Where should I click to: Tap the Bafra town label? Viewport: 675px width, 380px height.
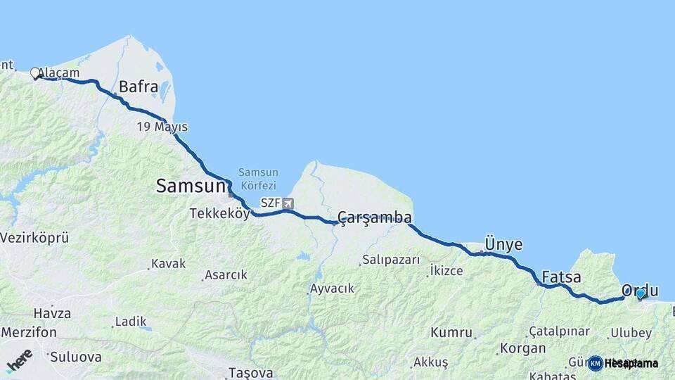tap(138, 87)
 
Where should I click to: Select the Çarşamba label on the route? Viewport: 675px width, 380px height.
tap(374, 217)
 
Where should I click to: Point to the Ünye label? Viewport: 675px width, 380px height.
tap(503, 244)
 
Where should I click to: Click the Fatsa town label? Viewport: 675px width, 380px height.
tap(561, 277)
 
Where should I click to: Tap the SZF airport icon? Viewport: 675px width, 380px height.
tap(288, 203)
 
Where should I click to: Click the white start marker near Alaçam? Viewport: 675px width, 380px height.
tap(35, 72)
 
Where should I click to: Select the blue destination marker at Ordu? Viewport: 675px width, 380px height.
tap(641, 293)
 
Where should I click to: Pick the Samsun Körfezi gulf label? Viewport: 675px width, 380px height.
tap(258, 178)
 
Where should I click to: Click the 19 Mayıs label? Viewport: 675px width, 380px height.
tap(162, 127)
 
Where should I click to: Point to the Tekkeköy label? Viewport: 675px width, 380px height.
tap(219, 214)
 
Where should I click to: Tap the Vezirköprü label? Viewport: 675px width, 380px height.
tap(34, 238)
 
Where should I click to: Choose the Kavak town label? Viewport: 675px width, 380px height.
tap(168, 264)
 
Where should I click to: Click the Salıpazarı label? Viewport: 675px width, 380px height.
tap(391, 260)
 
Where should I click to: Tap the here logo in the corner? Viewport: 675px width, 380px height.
tap(19, 361)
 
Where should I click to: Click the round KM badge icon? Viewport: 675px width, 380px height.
tap(596, 363)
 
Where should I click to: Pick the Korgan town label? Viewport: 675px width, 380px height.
tap(522, 348)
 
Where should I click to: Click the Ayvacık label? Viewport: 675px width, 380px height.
tap(332, 289)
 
